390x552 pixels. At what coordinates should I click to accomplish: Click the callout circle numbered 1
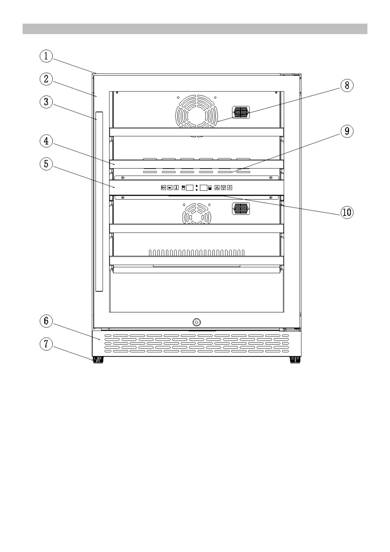pyautogui.click(x=46, y=56)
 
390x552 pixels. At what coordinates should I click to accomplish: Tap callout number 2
pyautogui.click(x=46, y=79)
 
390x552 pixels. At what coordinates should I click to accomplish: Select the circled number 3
pyautogui.click(x=46, y=102)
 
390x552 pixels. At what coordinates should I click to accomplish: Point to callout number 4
pyautogui.click(x=46, y=141)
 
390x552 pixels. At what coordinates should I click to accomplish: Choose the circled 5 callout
pyautogui.click(x=46, y=164)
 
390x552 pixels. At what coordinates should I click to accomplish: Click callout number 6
pyautogui.click(x=46, y=321)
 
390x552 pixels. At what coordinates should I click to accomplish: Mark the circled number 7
pyautogui.click(x=46, y=344)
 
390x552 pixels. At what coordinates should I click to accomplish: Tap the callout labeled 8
pyautogui.click(x=347, y=86)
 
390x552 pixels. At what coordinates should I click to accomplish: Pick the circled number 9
pyautogui.click(x=347, y=131)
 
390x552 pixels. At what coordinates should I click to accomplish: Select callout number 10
pyautogui.click(x=346, y=212)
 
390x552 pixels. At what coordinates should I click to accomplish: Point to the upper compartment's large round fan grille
pyautogui.click(x=196, y=111)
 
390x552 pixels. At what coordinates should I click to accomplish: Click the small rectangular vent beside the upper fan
pyautogui.click(x=241, y=112)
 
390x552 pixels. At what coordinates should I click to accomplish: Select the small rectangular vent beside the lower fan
pyautogui.click(x=241, y=208)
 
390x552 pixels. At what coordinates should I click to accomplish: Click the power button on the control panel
pyautogui.click(x=230, y=188)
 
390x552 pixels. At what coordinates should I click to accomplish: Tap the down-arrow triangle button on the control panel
pyautogui.click(x=223, y=188)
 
